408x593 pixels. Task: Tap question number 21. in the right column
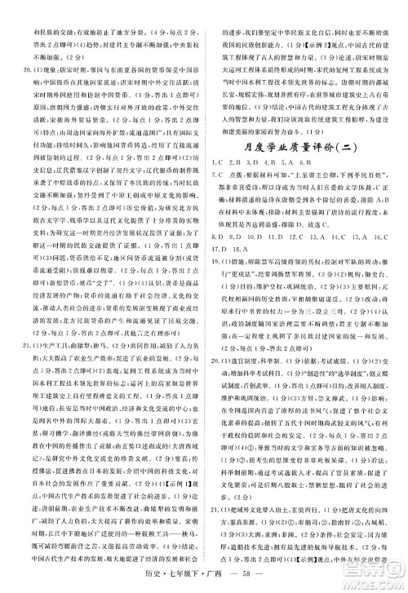pos(217,519)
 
